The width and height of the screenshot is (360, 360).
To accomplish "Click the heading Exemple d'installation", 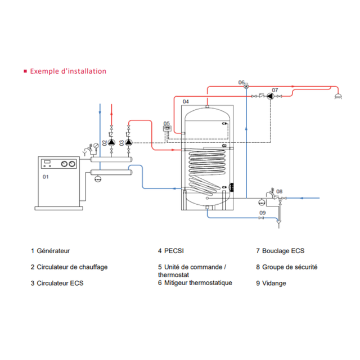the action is [x=68, y=71].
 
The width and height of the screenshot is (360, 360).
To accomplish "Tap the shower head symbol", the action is [x=338, y=96].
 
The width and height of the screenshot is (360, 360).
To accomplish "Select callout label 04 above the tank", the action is [x=186, y=101].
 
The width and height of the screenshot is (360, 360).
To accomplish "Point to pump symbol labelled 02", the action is [x=111, y=142].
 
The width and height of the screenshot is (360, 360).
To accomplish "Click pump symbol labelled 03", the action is [x=129, y=142].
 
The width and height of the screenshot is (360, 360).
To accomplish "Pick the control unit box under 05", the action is [x=167, y=129].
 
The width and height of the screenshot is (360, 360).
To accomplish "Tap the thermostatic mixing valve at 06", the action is [x=246, y=86].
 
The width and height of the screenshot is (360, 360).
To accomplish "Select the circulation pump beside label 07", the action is [x=271, y=96].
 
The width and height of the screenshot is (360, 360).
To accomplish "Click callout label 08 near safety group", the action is [x=280, y=191].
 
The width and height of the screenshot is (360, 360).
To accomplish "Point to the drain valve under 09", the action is [x=261, y=218].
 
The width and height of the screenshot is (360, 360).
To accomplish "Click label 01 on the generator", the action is [x=46, y=177].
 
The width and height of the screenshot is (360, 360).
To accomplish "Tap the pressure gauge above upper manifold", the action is [x=96, y=146].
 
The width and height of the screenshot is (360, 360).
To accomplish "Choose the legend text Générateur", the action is [x=53, y=251].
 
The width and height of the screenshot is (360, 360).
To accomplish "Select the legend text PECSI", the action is [x=174, y=251].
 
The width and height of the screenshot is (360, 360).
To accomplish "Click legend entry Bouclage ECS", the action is [x=283, y=251].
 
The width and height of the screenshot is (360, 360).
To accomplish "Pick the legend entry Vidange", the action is [x=274, y=283].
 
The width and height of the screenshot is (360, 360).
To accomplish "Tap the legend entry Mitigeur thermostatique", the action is [x=198, y=283].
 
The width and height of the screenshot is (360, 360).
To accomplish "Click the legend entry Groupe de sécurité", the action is [x=290, y=267].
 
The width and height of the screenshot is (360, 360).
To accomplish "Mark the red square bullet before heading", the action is [x=25, y=71].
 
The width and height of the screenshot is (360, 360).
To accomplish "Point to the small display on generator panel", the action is [x=47, y=161].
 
